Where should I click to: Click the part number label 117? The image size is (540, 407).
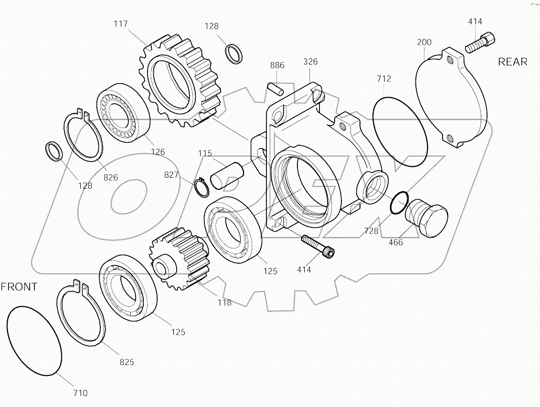121,23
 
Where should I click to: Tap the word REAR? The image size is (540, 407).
513,62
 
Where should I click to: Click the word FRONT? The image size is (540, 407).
19,287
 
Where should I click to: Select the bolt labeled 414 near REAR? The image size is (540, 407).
480,43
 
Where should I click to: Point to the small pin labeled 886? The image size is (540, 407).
276,88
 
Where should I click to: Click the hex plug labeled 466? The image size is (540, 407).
426,219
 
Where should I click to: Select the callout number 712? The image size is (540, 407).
383,78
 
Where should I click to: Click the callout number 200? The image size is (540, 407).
424,42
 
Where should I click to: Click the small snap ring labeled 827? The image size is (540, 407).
202,187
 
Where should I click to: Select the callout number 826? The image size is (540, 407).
111,178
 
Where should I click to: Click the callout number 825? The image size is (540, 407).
127,362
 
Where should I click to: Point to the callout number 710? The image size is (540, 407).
80,393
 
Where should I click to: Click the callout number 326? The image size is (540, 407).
310,62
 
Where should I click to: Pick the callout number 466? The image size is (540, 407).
396,242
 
